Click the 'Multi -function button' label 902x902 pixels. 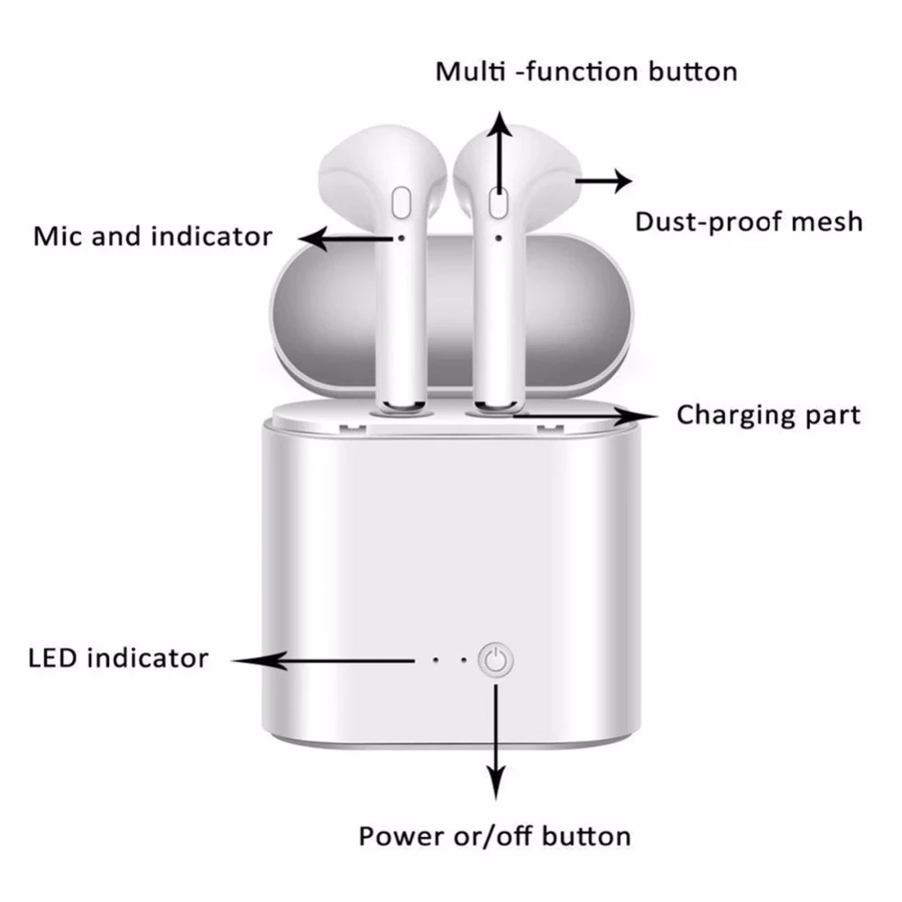coord(586,71)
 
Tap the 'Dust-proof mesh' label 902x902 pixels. coord(749,221)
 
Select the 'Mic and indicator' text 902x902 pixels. coord(152,236)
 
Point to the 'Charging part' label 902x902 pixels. coord(769,415)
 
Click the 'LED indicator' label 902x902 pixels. coord(117,658)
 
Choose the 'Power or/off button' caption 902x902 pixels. coord(494,835)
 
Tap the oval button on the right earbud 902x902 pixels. coord(496,203)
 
